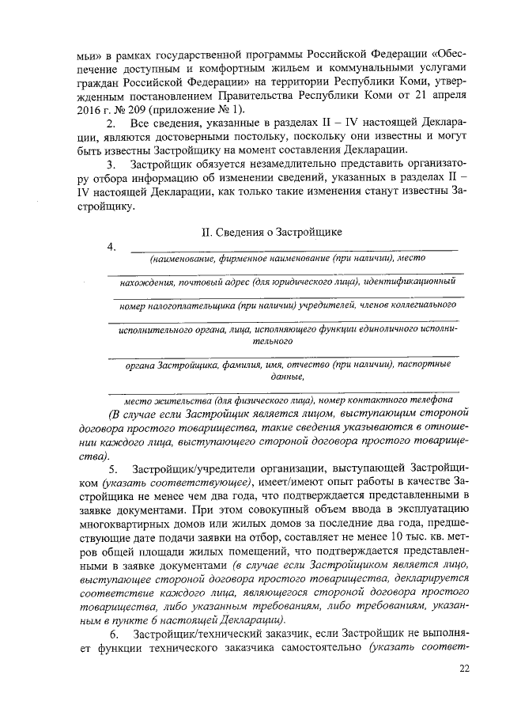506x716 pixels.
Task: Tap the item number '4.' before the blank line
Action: pos(112,248)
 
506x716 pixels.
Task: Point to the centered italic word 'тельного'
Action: pos(272,342)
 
